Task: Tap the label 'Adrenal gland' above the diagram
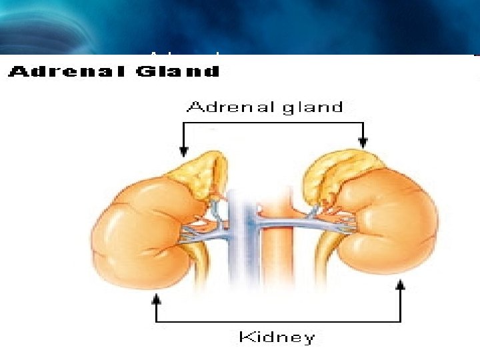(x=265, y=107)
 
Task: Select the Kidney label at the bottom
(x=277, y=337)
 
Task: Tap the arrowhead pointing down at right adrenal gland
(x=363, y=142)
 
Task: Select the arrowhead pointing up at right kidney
(x=401, y=286)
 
